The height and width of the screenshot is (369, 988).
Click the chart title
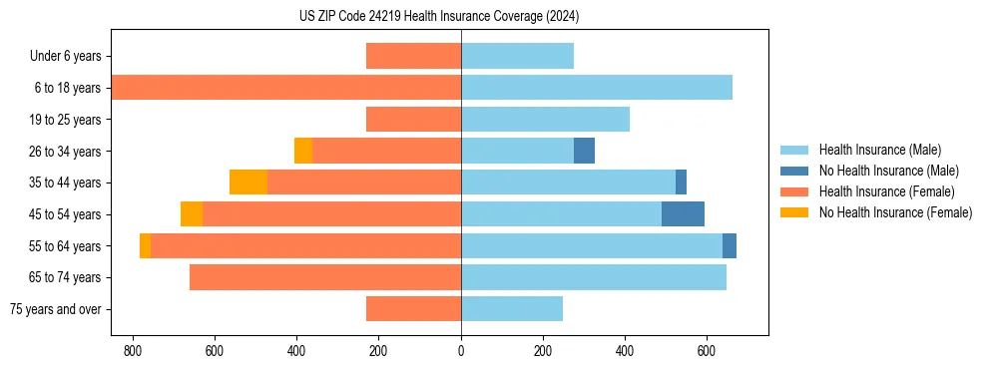click(x=439, y=16)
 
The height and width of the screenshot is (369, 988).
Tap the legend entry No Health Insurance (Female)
click(x=895, y=212)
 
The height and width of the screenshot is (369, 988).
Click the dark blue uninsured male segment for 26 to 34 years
click(x=584, y=151)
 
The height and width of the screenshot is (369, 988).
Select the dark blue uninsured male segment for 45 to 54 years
click(x=683, y=214)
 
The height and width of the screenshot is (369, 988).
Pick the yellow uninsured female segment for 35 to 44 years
click(x=248, y=183)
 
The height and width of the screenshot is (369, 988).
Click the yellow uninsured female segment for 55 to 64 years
click(x=145, y=245)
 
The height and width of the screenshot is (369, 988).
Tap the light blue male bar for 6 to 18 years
click(x=597, y=88)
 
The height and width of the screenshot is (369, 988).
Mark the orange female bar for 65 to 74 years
click(x=325, y=277)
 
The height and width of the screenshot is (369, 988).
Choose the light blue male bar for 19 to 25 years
click(x=545, y=120)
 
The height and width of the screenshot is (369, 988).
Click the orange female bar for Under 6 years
click(x=413, y=56)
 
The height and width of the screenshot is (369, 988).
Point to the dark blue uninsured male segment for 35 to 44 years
click(x=681, y=183)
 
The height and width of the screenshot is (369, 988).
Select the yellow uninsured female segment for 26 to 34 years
click(x=303, y=151)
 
